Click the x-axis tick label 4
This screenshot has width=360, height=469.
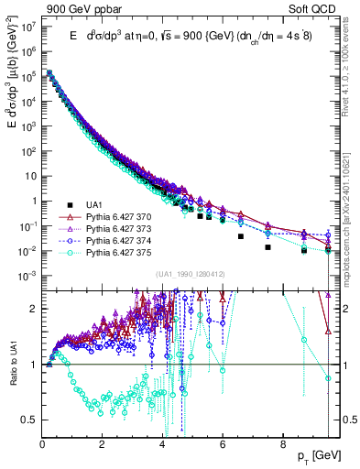[x=163, y=443]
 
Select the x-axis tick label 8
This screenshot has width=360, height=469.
[x=282, y=443]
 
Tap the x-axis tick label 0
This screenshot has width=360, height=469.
[x=43, y=443]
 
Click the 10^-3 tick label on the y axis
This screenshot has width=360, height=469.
[x=27, y=276]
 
